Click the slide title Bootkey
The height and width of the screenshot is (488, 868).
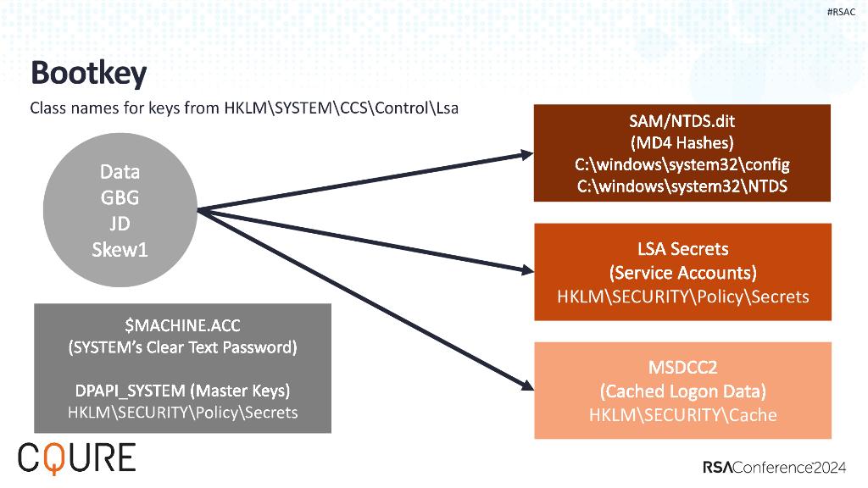(88, 74)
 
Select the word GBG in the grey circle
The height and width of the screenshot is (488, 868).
(120, 198)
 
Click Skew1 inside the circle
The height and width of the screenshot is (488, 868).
(120, 250)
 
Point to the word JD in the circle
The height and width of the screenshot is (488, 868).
(120, 225)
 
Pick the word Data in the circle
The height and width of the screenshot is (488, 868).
(120, 172)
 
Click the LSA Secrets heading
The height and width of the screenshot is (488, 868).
(682, 249)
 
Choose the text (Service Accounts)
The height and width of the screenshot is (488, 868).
(682, 273)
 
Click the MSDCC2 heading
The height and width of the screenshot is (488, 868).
(682, 368)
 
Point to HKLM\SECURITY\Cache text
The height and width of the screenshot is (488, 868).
(682, 414)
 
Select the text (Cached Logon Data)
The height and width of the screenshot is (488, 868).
(682, 391)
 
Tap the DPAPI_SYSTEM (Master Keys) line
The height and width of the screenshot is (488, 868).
(182, 391)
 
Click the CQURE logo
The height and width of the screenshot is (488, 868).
(76, 457)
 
